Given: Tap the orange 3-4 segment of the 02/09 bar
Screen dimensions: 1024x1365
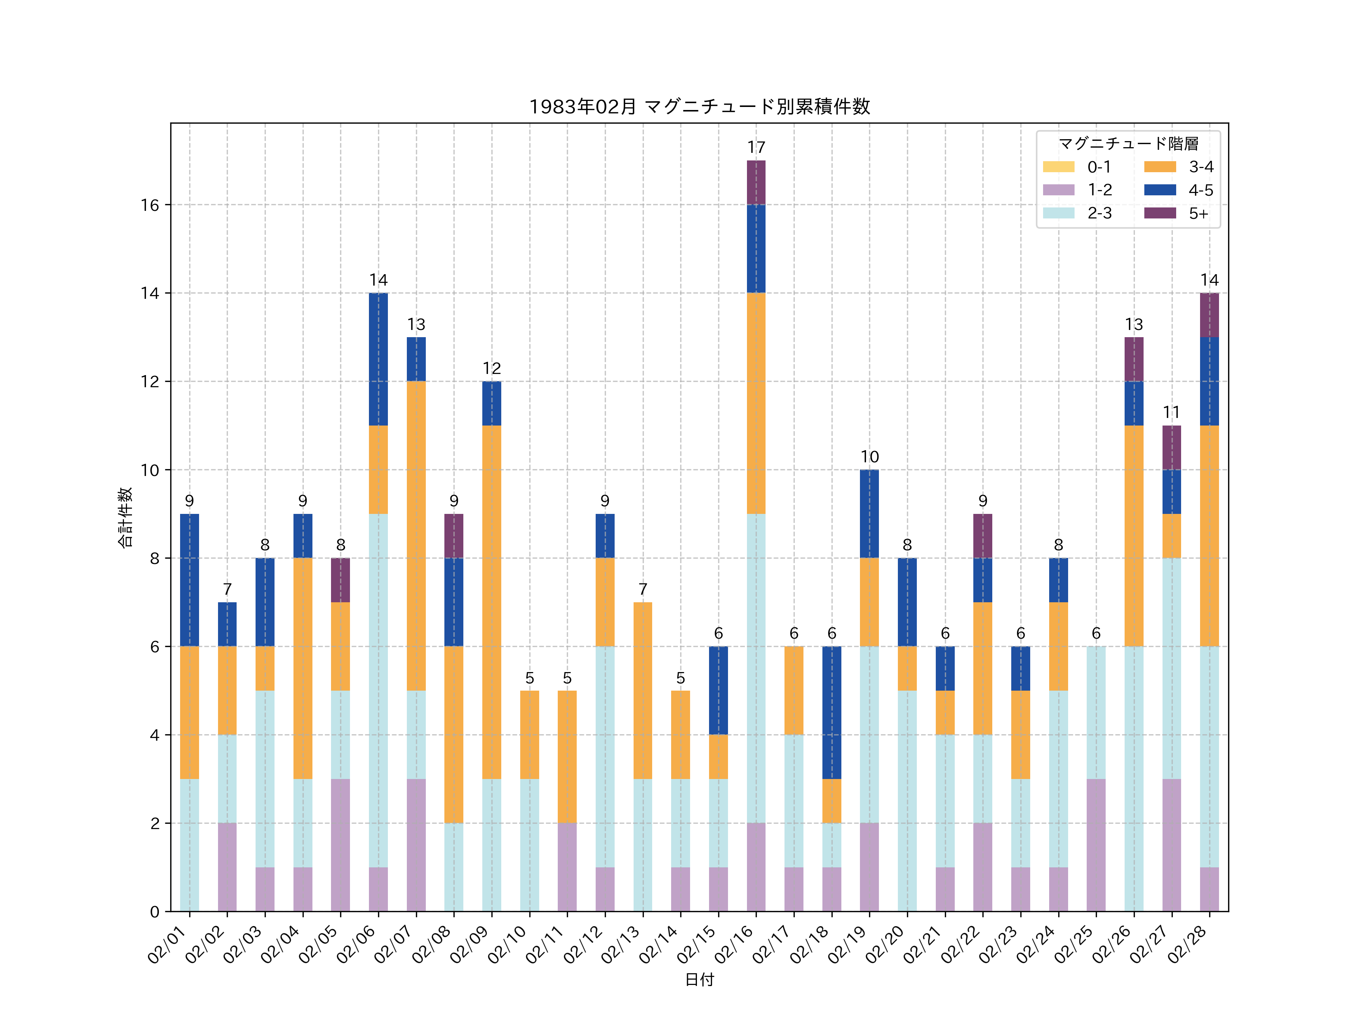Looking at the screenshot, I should (x=491, y=602).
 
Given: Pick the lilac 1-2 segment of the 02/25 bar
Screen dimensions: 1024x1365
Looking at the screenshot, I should (x=1096, y=845).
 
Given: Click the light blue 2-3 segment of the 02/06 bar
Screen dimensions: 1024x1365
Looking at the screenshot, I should (x=378, y=690).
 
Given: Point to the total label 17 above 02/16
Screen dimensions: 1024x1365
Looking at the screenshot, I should (x=756, y=148).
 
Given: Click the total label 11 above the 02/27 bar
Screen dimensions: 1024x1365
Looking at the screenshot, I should (x=1171, y=412).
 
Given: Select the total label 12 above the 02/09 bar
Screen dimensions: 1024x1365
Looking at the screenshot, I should (x=491, y=369).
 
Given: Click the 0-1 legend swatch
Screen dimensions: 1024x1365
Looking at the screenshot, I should (x=1058, y=166).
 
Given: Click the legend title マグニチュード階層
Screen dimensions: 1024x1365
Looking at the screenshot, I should (x=1128, y=144).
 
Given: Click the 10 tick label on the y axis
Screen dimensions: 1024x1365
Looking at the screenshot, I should (x=150, y=470).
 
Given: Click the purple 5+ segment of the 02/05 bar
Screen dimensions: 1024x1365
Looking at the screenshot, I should (x=340, y=580).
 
